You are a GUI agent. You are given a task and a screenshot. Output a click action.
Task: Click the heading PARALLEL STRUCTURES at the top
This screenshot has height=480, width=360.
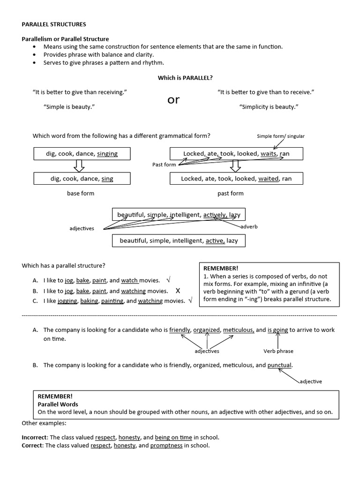tap(54, 24)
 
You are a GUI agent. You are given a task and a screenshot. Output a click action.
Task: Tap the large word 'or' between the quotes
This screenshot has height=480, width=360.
tap(173, 100)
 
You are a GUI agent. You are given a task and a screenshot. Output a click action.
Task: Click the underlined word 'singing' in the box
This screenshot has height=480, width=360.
tap(107, 154)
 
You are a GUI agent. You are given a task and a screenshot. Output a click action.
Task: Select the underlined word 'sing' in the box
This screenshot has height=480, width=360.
tap(107, 179)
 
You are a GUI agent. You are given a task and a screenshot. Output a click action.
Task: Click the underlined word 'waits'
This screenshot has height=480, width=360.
tap(268, 154)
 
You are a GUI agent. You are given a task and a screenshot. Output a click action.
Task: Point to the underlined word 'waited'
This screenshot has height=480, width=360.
tap(269, 179)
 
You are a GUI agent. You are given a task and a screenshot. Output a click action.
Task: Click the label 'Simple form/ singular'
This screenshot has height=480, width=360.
tap(280, 136)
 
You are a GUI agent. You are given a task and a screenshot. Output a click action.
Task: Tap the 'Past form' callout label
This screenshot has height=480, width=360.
tap(164, 165)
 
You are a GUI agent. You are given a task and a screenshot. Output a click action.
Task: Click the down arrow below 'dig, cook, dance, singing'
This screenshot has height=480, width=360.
tap(79, 166)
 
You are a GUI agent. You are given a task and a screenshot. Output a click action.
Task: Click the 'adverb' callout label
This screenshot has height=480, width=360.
tap(249, 227)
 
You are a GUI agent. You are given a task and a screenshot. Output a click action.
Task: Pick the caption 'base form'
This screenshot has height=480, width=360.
tap(81, 193)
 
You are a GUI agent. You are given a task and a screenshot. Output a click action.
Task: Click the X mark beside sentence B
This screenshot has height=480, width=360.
tap(178, 291)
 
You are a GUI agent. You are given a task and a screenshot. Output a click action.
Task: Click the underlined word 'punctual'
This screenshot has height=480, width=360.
tap(279, 365)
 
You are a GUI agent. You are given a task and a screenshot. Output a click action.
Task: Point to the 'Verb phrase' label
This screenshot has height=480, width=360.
tap(278, 351)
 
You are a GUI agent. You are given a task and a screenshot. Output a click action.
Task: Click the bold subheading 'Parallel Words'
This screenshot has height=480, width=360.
tap(58, 404)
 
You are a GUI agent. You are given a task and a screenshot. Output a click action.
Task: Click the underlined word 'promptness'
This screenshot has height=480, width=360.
tap(166, 446)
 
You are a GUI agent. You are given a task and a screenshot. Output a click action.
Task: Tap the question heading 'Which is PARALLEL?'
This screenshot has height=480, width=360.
tap(182, 78)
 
